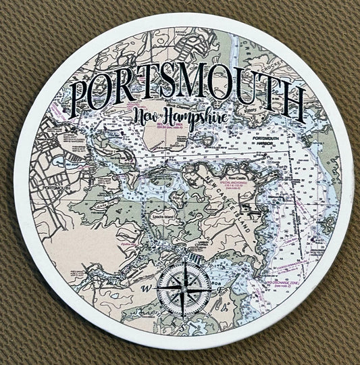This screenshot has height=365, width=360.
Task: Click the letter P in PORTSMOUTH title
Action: coord(84,95)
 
